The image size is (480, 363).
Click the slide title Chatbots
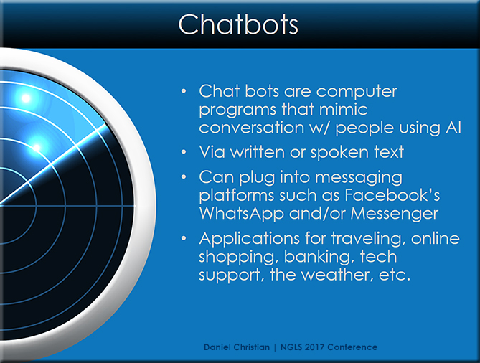click(x=238, y=24)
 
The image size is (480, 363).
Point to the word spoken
click(x=340, y=153)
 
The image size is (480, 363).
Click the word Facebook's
click(x=392, y=194)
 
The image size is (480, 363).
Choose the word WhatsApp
click(x=242, y=214)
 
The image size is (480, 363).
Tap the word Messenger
click(x=395, y=214)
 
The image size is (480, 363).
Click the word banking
click(x=319, y=257)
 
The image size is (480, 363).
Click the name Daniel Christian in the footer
click(x=237, y=347)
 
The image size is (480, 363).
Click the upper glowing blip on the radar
click(x=26, y=98)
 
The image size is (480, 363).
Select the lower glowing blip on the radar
click(x=37, y=148)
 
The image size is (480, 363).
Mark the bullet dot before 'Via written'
click(x=184, y=152)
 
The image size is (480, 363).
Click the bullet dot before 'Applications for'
click(x=184, y=238)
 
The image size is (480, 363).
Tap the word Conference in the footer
click(x=352, y=347)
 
